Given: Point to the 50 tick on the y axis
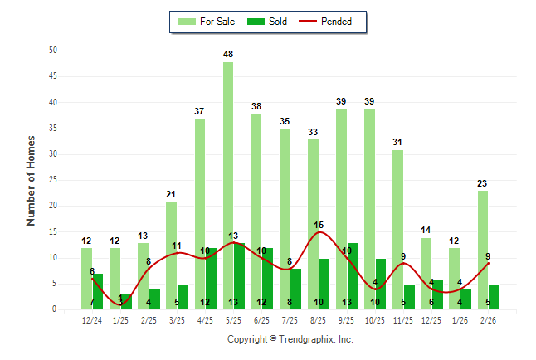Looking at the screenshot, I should pos(53,51).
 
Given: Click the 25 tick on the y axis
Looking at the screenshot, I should pos(53,180).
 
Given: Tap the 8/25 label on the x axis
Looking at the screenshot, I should pos(319,319).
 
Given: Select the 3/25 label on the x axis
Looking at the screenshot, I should pos(177,319).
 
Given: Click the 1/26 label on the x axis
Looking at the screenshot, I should pos(460,319).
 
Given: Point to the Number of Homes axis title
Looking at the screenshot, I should pos(32,180).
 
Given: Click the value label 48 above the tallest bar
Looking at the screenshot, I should pos(228,55).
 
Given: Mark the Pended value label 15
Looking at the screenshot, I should pos(319,225).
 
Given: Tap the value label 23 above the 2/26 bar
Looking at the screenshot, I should pos(483,184).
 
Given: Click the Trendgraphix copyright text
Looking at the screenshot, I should pos(290,339).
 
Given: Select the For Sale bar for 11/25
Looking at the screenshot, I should pos(398,229).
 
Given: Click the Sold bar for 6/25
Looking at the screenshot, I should pos(268,279).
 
